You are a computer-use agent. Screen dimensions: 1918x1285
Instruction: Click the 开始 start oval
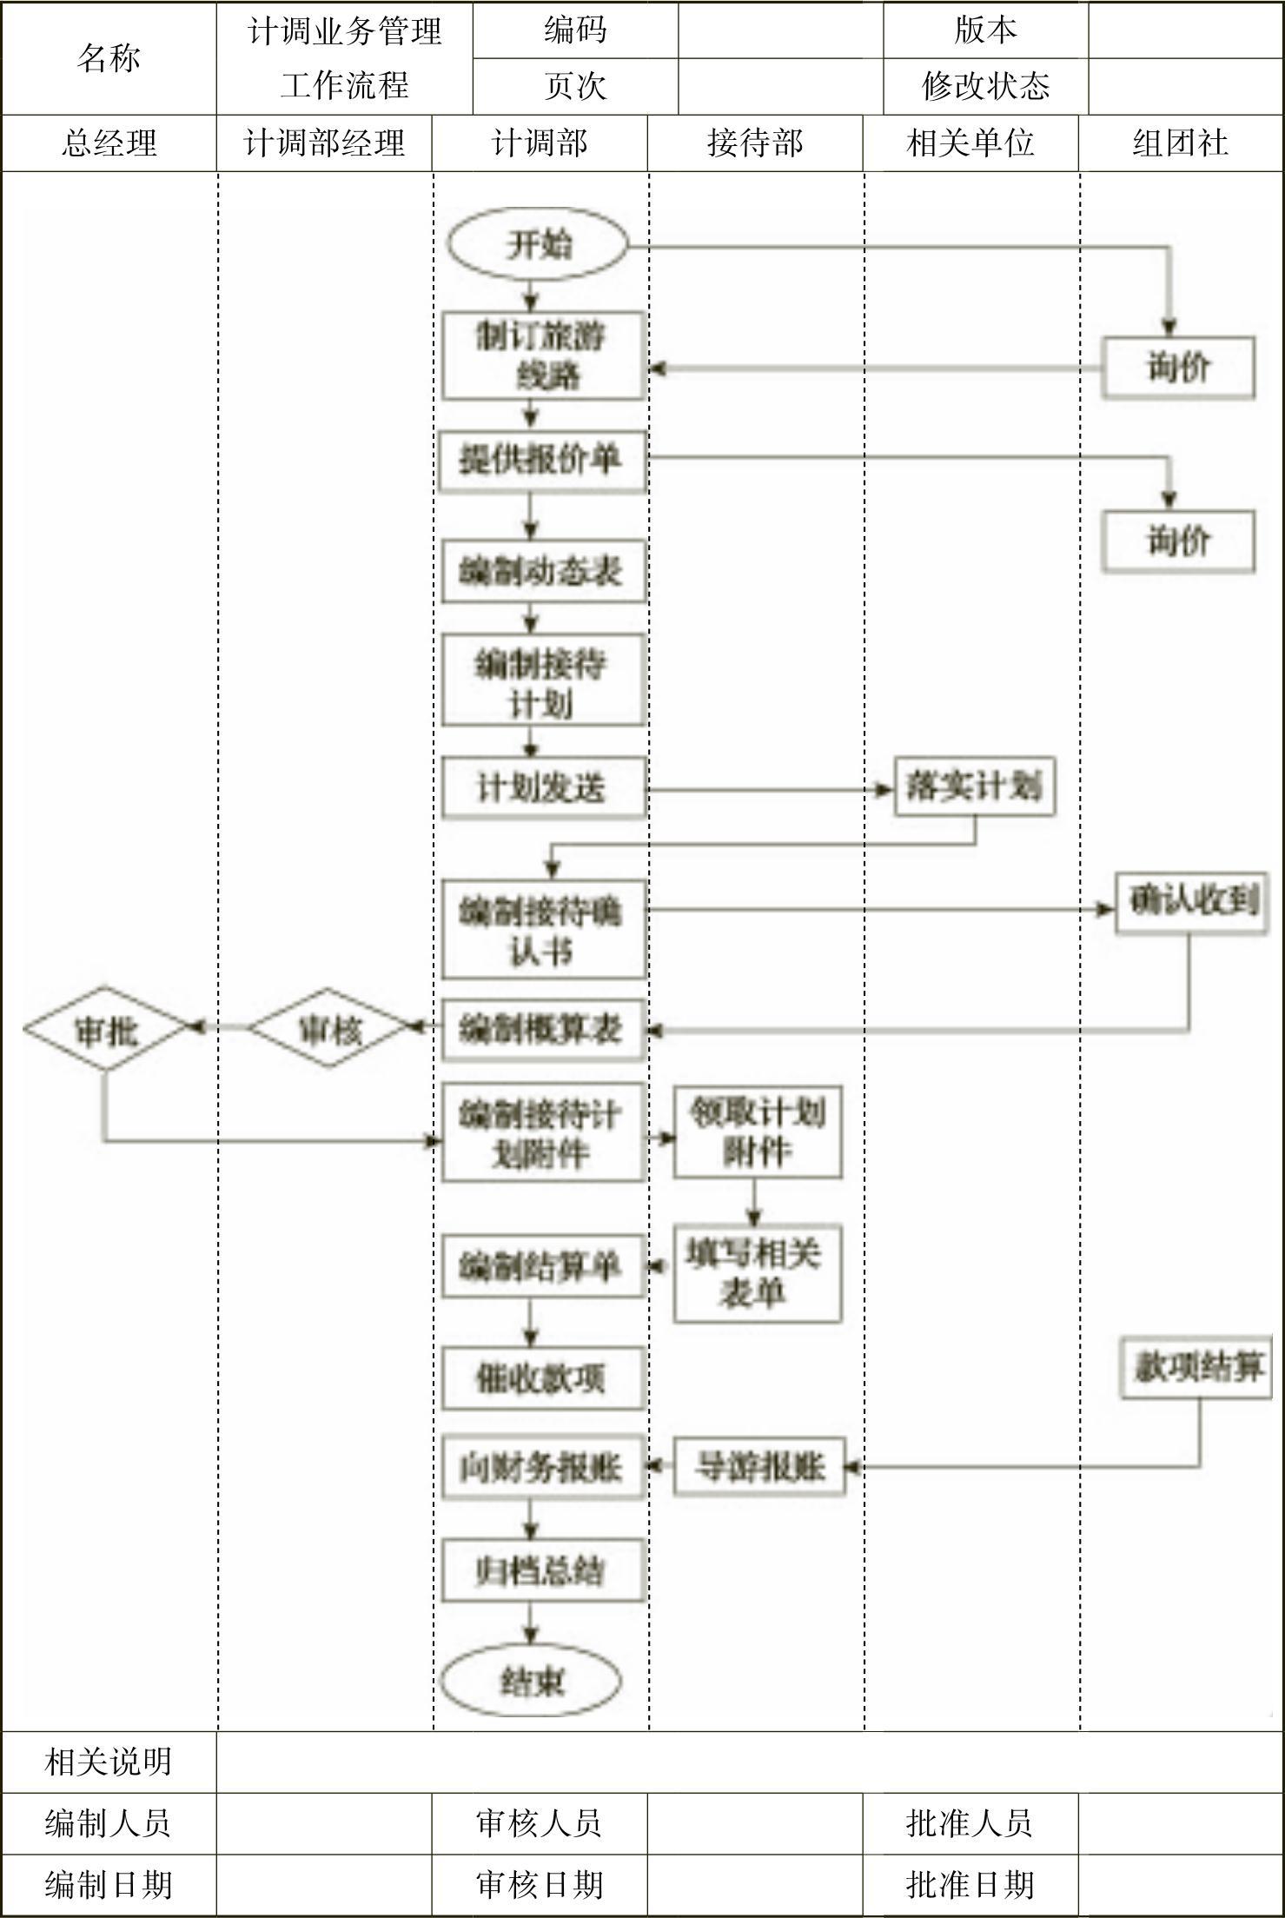(x=538, y=244)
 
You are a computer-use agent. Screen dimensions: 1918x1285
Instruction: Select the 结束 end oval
(x=531, y=1682)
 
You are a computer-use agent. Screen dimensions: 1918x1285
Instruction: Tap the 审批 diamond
(x=105, y=1031)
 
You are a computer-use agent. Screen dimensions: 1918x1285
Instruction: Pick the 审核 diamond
(x=329, y=1029)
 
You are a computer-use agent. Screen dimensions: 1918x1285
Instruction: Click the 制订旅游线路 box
(x=543, y=356)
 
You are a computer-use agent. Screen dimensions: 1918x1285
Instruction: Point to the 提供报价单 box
(x=542, y=461)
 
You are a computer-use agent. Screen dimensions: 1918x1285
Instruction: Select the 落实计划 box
(x=974, y=787)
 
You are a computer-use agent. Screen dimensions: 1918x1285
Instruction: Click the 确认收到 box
(x=1191, y=903)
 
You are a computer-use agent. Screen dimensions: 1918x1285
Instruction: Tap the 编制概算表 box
(x=542, y=1030)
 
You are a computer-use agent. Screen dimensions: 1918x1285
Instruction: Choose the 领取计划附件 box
(x=758, y=1132)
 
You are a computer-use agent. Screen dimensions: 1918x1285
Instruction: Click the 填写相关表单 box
(x=757, y=1273)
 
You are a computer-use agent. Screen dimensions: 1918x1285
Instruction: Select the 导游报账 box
(x=759, y=1467)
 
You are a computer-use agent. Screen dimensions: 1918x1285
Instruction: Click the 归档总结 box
(x=542, y=1570)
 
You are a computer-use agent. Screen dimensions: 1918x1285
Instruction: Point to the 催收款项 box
(x=542, y=1378)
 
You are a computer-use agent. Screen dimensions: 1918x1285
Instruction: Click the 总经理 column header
(x=109, y=143)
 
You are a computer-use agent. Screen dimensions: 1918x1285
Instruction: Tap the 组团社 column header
(x=1180, y=143)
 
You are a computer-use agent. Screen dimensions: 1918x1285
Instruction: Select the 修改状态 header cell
(x=985, y=86)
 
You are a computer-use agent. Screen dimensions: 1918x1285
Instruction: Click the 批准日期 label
(x=970, y=1885)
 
